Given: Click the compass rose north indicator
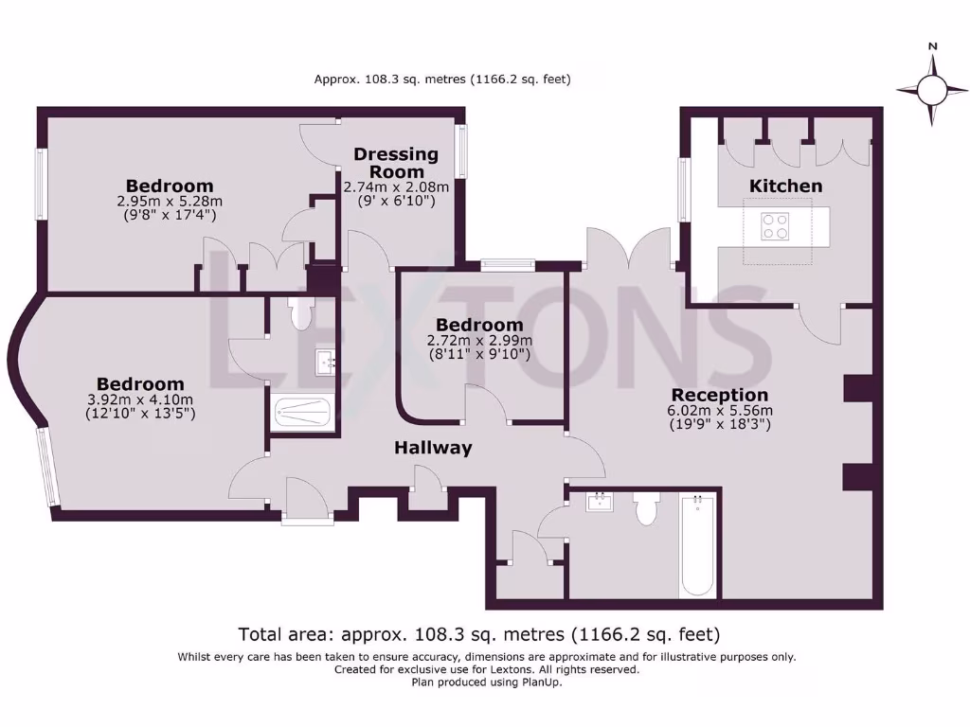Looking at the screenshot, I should coord(933,89).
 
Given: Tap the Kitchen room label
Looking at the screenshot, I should coord(785,186).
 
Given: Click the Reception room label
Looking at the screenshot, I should coord(719,395).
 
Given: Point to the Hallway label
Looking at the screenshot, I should coord(433,448).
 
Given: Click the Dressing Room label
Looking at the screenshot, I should coord(396,163).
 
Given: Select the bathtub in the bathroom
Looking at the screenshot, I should coord(698,546).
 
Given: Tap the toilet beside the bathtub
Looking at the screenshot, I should coord(647,509).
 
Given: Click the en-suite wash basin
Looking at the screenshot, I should coord(325,362).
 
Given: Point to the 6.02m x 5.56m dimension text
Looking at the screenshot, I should coord(719,411).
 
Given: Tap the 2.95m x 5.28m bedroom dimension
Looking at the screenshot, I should coord(170,202).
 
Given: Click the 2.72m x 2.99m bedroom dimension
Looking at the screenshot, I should coord(480,341).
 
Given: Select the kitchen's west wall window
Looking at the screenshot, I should coord(682,190).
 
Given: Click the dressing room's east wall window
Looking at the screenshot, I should coord(461,152).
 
